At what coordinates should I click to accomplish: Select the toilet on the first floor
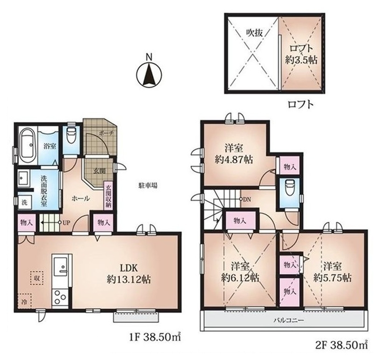(71, 135)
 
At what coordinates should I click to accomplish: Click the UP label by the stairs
(67, 223)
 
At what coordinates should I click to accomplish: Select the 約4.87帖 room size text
(234, 160)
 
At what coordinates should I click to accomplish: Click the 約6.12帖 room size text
(240, 278)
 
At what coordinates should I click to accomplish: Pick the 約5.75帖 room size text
(333, 278)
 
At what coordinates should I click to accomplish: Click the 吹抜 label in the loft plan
(254, 33)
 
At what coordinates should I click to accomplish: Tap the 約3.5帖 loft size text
(301, 60)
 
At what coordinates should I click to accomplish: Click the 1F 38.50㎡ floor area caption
(155, 338)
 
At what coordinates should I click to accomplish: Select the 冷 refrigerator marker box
(24, 301)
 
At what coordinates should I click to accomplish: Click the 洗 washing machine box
(25, 203)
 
